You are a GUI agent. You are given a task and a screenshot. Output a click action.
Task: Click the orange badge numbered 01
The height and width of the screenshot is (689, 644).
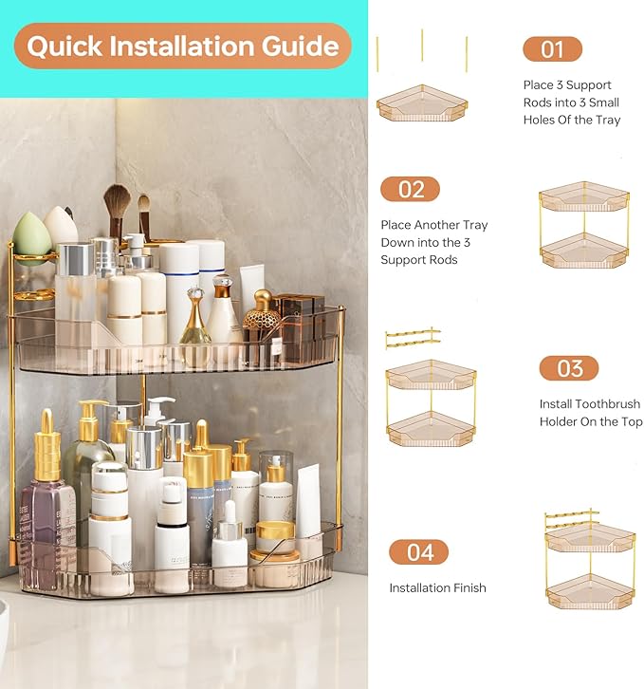(552, 49)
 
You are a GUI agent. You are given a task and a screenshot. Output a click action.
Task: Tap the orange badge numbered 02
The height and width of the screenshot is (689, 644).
(411, 189)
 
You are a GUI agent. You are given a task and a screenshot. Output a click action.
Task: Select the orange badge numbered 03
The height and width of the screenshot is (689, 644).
(569, 368)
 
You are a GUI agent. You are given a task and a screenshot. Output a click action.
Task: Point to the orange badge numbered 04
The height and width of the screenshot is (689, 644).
(419, 551)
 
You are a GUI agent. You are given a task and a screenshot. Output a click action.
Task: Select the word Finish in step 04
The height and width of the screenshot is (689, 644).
(467, 588)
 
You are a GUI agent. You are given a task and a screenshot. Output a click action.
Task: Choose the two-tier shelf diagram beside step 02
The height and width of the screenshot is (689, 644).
(584, 224)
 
